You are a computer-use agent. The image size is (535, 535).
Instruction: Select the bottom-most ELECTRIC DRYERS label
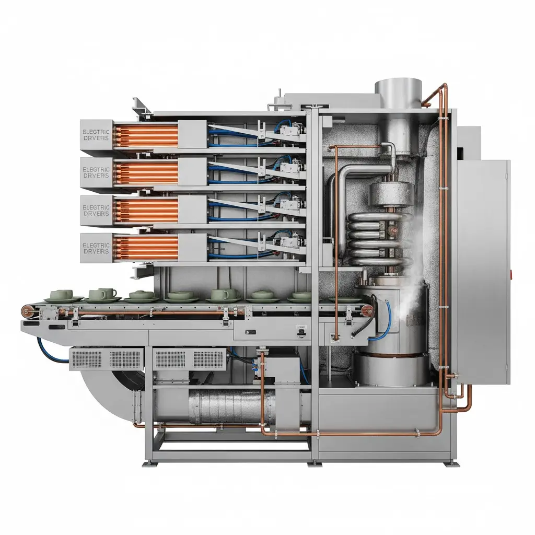96,248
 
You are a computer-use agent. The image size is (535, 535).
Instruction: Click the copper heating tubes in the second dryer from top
146,172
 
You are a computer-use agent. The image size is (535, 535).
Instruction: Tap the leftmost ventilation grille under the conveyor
87,358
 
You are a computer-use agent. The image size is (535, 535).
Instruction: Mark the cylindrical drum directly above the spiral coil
391,194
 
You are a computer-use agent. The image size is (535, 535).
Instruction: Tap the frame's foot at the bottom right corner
449,463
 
